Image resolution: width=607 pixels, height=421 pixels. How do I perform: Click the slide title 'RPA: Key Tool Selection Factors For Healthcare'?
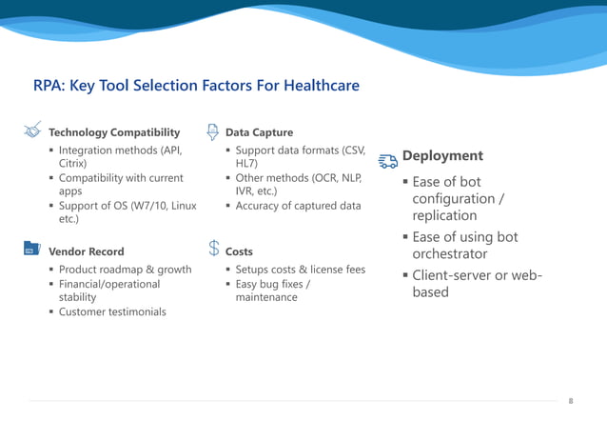tap(196, 86)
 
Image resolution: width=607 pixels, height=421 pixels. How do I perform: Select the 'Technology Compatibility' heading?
tap(113, 132)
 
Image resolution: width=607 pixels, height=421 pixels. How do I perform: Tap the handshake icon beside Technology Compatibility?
tap(31, 130)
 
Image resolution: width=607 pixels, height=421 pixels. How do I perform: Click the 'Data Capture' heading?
tap(259, 132)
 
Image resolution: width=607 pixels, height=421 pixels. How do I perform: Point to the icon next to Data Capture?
tap(213, 130)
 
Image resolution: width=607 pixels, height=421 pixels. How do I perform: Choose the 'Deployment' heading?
tap(442, 156)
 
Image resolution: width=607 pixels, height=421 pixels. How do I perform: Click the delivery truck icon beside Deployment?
tap(387, 160)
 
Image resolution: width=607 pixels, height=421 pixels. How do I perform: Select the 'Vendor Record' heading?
tap(86, 251)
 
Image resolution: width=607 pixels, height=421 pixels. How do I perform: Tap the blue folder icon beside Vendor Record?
tap(30, 250)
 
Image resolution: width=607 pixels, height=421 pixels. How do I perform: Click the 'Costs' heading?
tap(239, 251)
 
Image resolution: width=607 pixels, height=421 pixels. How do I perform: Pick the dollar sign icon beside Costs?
tap(214, 250)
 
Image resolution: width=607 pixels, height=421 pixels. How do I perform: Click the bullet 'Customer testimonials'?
tap(112, 311)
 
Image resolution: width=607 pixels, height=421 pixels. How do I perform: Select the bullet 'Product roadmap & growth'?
tap(125, 270)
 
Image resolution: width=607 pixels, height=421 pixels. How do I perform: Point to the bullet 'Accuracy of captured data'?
tap(298, 206)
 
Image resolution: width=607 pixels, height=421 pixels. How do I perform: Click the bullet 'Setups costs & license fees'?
tap(300, 270)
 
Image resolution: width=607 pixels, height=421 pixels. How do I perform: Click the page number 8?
tap(571, 401)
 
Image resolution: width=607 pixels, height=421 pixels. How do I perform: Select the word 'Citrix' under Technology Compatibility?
tap(73, 164)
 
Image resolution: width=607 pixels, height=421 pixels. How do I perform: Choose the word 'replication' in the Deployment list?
tap(444, 215)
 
